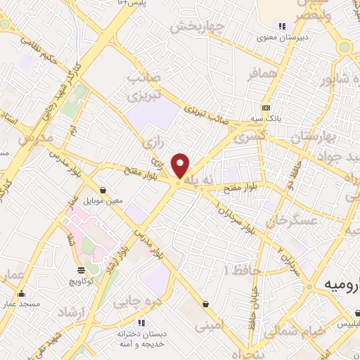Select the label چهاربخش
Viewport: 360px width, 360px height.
(197, 27)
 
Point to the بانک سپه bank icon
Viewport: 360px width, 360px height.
(266, 108)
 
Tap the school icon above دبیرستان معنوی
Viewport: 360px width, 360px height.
(282, 27)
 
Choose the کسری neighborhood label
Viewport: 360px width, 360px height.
(252, 139)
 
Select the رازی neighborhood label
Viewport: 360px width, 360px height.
(153, 143)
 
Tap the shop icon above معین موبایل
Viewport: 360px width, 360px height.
(103, 190)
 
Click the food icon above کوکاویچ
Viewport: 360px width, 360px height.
(80, 270)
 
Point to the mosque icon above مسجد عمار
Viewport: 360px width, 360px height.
(20, 294)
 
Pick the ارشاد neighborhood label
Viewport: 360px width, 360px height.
(72, 310)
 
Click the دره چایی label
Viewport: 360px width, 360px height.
(143, 302)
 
